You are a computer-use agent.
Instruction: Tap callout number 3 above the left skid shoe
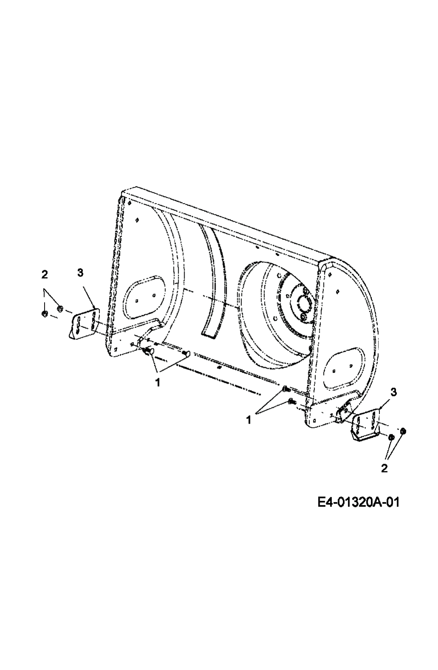[80, 273]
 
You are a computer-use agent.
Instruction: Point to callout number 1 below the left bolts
[157, 382]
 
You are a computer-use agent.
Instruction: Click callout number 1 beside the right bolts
[249, 420]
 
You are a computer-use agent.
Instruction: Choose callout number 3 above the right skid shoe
[394, 392]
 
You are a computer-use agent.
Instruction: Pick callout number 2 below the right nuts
[385, 468]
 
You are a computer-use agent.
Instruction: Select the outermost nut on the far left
[45, 314]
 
